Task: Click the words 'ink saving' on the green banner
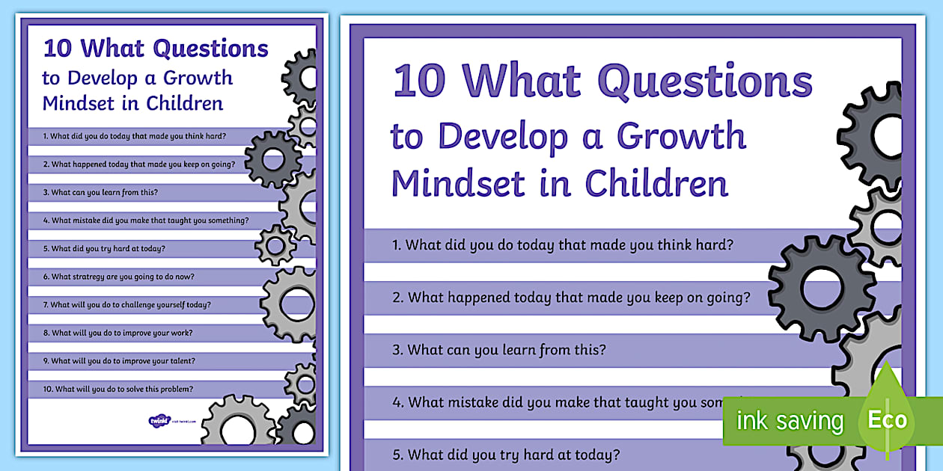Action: click(x=790, y=420)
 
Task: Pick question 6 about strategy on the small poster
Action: click(x=118, y=277)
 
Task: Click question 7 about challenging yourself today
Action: click(x=126, y=305)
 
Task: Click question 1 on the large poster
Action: click(x=562, y=245)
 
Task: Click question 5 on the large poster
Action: click(x=506, y=454)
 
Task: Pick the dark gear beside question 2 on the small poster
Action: click(x=272, y=159)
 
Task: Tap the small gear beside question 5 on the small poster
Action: click(x=275, y=244)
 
